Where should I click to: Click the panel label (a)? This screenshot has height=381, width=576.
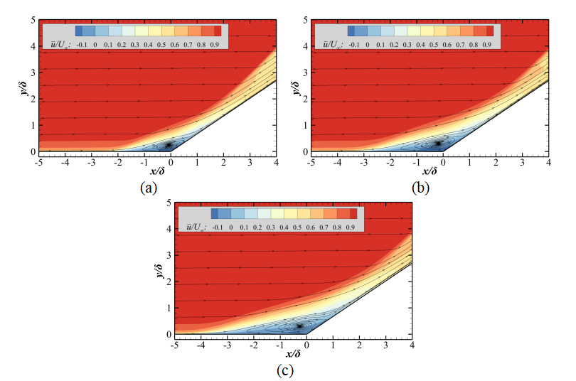tap(148, 188)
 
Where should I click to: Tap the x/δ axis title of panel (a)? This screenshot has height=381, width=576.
tap(157, 173)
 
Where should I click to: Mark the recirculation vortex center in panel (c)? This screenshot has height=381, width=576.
tap(300, 326)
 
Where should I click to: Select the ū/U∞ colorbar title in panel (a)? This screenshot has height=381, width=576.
tap(58, 43)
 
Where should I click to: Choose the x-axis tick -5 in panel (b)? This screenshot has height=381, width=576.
tap(309, 163)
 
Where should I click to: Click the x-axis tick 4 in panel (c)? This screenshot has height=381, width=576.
tap(412, 345)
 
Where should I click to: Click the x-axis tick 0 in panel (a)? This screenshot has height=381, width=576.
tap(171, 163)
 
